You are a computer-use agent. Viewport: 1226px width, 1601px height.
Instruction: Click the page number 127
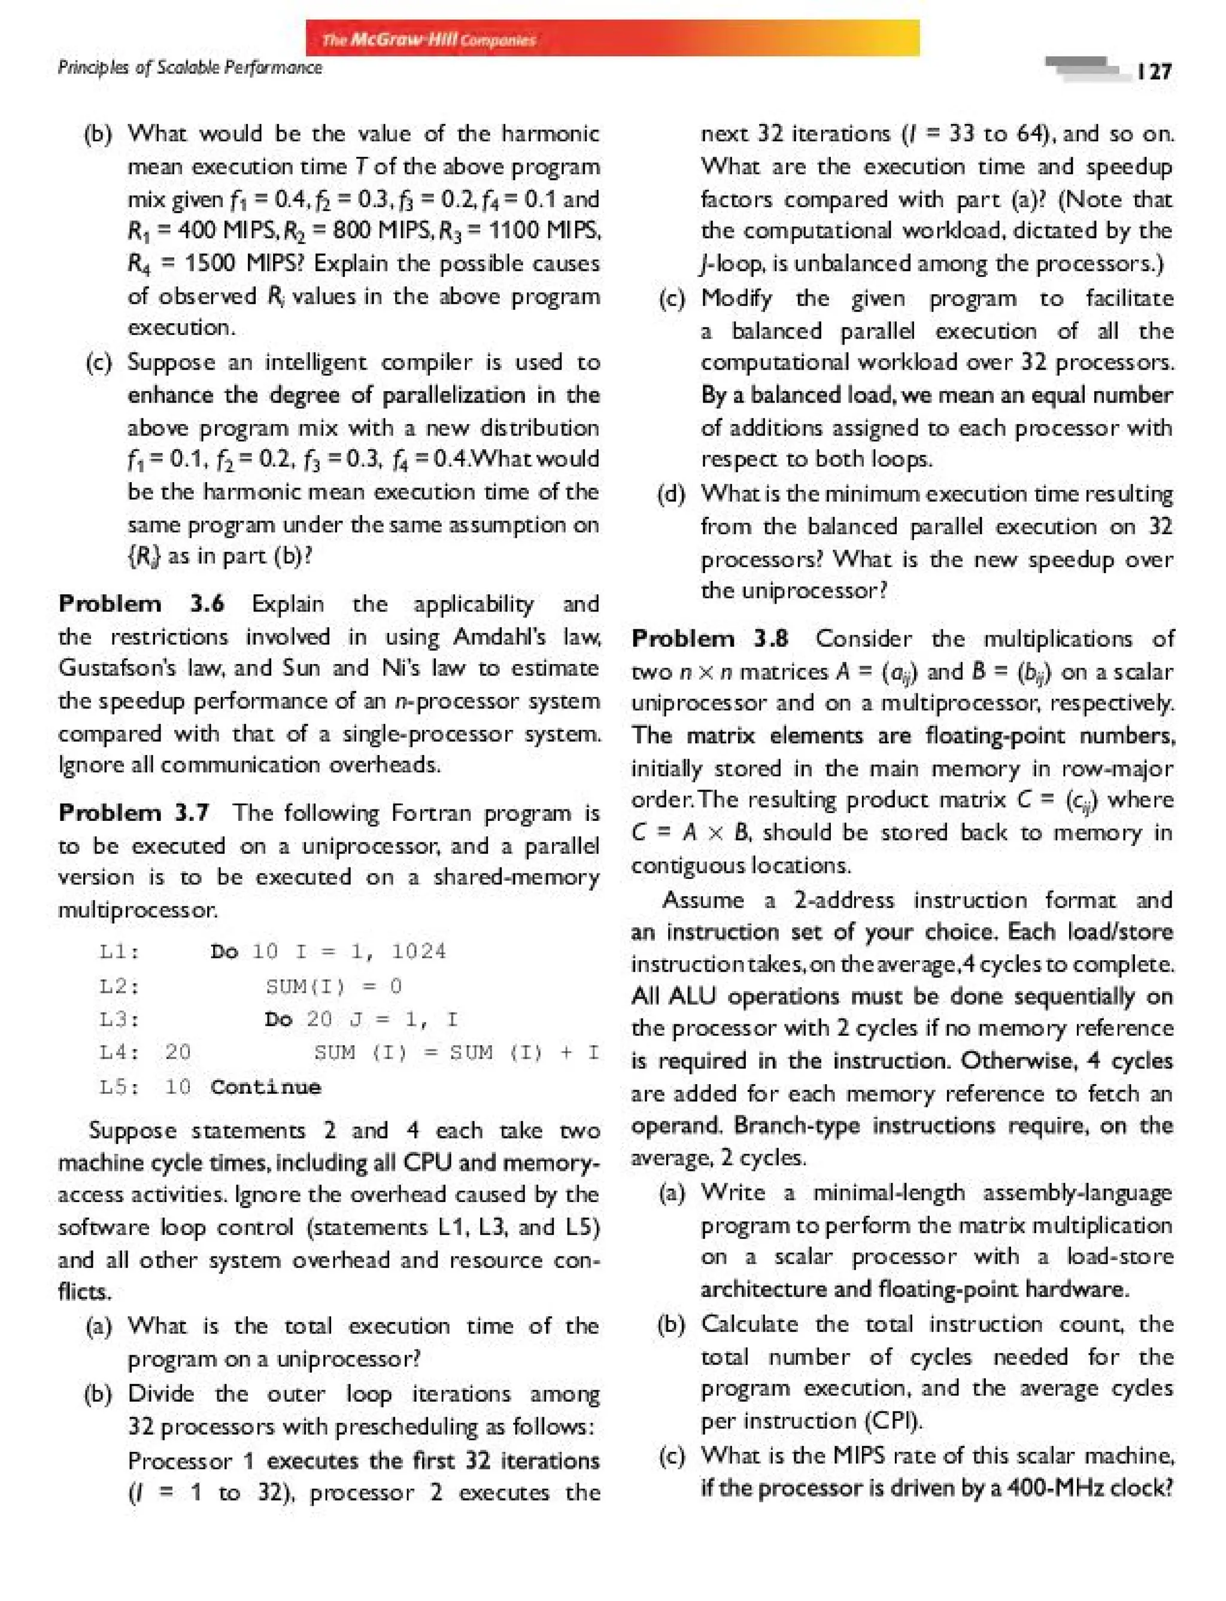click(x=1154, y=71)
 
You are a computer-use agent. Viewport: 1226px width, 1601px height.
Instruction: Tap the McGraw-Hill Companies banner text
click(x=429, y=39)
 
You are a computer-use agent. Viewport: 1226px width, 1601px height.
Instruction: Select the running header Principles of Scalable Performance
click(x=190, y=68)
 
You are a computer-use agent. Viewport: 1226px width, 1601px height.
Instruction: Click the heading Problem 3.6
click(x=141, y=604)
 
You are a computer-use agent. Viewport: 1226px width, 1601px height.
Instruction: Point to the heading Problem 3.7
click(x=134, y=812)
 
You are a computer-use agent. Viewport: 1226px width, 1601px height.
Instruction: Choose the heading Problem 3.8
click(x=709, y=639)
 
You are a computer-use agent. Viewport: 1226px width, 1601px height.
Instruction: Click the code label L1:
click(x=120, y=952)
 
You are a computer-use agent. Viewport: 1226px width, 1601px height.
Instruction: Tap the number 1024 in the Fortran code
click(x=418, y=952)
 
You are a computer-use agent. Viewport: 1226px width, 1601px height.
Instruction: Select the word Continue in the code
click(x=266, y=1088)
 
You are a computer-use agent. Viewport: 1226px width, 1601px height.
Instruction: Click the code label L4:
click(x=120, y=1052)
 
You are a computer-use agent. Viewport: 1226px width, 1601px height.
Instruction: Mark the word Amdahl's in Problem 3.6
click(x=499, y=637)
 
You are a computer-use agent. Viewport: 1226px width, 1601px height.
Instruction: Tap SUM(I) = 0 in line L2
click(x=333, y=987)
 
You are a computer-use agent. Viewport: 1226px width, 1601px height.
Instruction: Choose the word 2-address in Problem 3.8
click(x=843, y=900)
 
